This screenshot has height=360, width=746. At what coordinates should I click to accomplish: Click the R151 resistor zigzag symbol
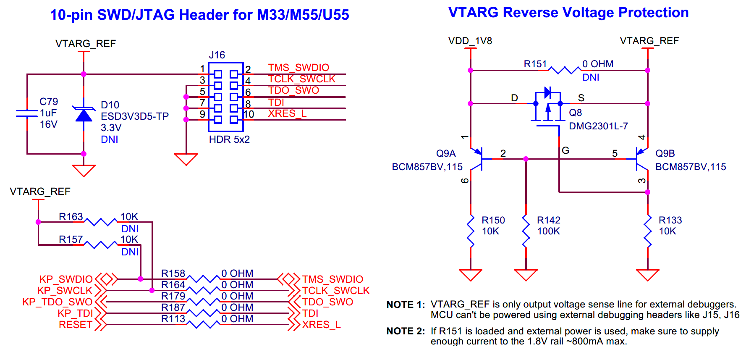tap(565, 70)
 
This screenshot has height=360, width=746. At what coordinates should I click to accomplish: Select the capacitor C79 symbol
tap(27, 113)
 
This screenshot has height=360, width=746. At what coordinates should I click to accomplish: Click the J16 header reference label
tap(217, 55)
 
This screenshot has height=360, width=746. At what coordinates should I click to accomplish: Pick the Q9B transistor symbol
tap(642, 159)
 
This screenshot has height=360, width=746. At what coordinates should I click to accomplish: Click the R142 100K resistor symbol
tap(526, 231)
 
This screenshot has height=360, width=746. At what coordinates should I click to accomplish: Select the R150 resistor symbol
tap(471, 231)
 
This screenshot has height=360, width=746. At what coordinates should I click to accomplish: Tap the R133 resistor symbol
tap(648, 231)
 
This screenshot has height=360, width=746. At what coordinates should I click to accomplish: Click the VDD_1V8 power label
tap(470, 41)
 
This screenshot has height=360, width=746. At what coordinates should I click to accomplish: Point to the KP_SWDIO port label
tap(66, 279)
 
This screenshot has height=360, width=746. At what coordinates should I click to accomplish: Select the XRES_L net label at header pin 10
tap(288, 114)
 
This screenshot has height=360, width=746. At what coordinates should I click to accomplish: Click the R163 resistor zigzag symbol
tap(101, 222)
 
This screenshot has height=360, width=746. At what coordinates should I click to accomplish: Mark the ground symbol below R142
tap(526, 275)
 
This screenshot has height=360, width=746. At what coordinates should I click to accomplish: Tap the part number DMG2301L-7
tap(598, 126)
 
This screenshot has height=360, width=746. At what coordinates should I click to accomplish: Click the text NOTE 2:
tap(406, 331)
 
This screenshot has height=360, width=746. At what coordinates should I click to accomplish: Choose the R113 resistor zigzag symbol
tap(203, 324)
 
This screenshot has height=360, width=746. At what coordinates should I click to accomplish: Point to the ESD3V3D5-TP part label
tap(135, 116)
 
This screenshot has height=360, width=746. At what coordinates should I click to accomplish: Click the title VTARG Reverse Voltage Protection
tap(568, 13)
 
